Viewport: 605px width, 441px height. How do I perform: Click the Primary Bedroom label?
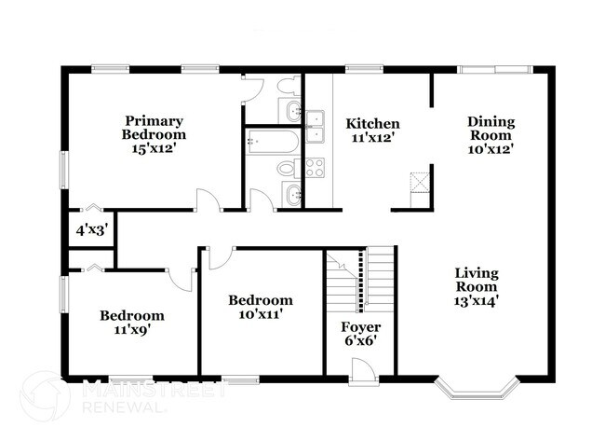point(155,128)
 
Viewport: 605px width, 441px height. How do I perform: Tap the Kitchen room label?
point(372,130)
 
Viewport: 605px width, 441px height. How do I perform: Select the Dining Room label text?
point(491,134)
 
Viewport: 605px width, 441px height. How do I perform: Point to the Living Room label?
point(476,287)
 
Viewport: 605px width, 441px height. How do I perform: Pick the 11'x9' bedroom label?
point(131,322)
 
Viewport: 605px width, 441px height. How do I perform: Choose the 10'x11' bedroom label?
point(261,307)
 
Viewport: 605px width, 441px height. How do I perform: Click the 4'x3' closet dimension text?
point(92,228)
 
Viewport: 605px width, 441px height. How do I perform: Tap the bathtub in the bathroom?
point(272,143)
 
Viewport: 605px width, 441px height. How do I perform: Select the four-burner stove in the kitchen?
point(315,168)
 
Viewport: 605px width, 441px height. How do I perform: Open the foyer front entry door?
point(364,370)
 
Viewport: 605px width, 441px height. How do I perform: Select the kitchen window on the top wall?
point(358,68)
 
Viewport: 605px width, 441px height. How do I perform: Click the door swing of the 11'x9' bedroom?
point(181,278)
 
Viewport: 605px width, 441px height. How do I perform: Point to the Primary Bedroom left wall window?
point(63,172)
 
